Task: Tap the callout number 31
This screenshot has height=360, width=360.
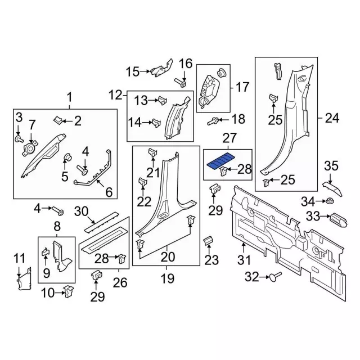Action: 244,260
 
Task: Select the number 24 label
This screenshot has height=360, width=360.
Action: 333,119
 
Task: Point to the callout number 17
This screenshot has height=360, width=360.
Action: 242,87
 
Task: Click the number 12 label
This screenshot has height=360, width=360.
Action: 115,94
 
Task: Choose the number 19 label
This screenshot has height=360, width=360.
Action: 168,278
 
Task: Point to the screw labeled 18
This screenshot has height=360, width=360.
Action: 214,120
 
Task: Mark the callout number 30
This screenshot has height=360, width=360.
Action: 82,211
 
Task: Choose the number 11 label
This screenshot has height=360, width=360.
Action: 20,259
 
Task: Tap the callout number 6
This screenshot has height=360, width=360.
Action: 109,192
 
